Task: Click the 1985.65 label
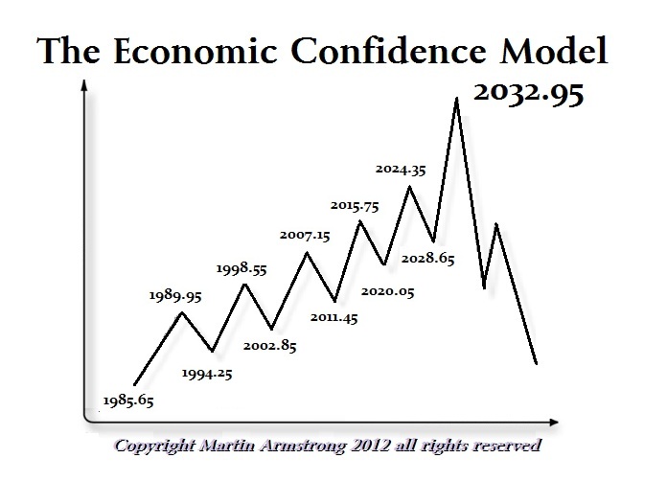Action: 127,400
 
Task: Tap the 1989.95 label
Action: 174,297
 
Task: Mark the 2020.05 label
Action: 388,291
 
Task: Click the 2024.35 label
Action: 400,170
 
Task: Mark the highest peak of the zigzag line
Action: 456,99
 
